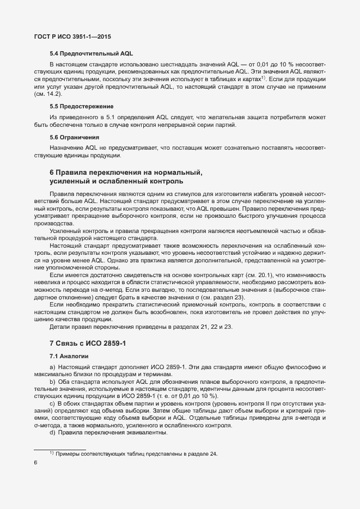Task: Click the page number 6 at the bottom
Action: click(x=35, y=463)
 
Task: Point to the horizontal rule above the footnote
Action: click(x=60, y=449)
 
